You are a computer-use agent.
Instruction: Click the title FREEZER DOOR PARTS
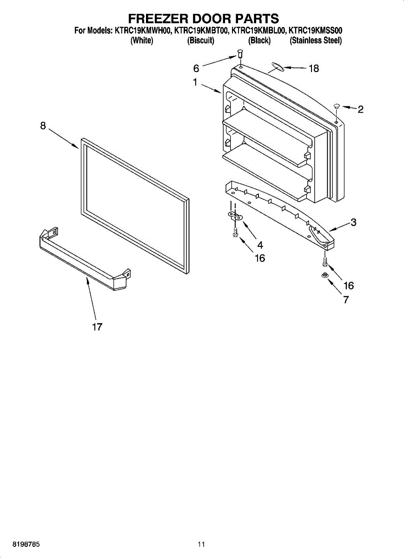[x=203, y=19]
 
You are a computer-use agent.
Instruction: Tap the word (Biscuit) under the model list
[x=200, y=41]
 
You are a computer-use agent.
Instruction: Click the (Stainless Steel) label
[x=316, y=41]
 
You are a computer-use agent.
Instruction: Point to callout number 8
[x=43, y=126]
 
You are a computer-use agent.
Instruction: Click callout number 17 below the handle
[x=97, y=327]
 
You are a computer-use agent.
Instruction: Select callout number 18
[x=314, y=69]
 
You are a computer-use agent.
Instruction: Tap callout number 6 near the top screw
[x=196, y=69]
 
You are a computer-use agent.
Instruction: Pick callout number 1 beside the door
[x=195, y=83]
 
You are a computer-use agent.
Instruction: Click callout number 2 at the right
[x=360, y=110]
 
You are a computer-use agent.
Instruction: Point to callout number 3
[x=353, y=222]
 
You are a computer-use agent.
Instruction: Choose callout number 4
[x=260, y=246]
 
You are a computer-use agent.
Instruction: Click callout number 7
[x=346, y=300]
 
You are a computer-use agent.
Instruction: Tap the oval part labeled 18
[x=277, y=68]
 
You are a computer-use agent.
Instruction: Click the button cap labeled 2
[x=337, y=107]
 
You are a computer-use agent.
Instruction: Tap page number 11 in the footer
[x=201, y=544]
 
